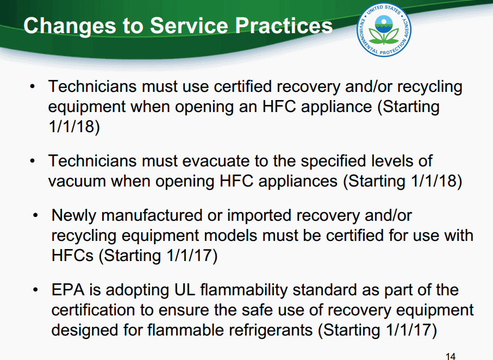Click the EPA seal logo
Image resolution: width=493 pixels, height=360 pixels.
[384, 30]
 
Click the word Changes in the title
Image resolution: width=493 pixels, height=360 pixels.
[70, 26]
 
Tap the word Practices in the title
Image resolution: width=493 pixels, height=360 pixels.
[284, 25]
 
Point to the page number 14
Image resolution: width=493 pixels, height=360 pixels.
[451, 356]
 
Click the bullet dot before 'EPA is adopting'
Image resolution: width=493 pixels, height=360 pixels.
[35, 289]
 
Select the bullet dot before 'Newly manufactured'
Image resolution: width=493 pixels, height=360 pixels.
[35, 215]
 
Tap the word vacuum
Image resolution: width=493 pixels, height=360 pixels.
[77, 182]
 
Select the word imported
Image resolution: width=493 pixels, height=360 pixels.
[259, 216]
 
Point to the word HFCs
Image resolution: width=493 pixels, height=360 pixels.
[72, 255]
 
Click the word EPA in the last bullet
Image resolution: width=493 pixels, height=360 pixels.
[68, 290]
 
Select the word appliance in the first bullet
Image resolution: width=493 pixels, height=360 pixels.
[336, 107]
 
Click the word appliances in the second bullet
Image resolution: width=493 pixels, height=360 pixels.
[298, 182]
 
